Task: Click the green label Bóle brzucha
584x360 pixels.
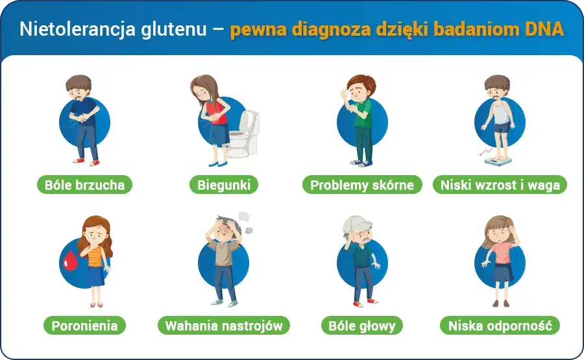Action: (x=84, y=185)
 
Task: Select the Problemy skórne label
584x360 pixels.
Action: (x=362, y=185)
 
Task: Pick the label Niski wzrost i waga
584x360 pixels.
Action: (x=500, y=185)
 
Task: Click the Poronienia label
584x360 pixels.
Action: (x=84, y=326)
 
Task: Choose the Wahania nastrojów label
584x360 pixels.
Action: (x=223, y=326)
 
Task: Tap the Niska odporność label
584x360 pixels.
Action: (x=500, y=326)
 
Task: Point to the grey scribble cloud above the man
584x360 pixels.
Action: (x=244, y=217)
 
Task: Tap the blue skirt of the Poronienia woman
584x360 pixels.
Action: (x=96, y=276)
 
